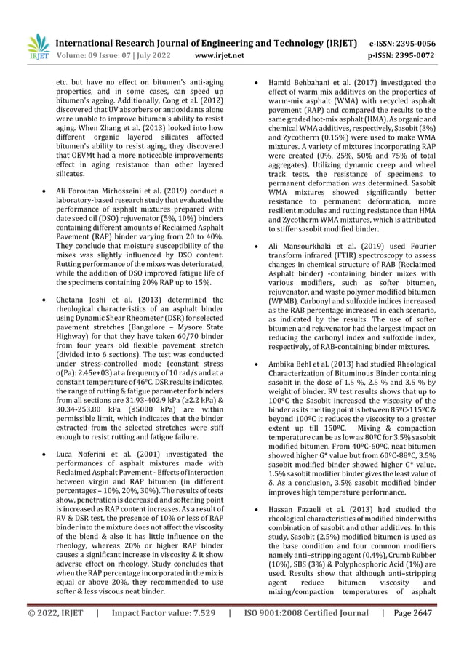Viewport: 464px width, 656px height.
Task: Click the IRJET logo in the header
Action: point(38,47)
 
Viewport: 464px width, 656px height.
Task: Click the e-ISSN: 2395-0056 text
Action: point(413,42)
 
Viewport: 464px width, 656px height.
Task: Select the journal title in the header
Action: point(206,42)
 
